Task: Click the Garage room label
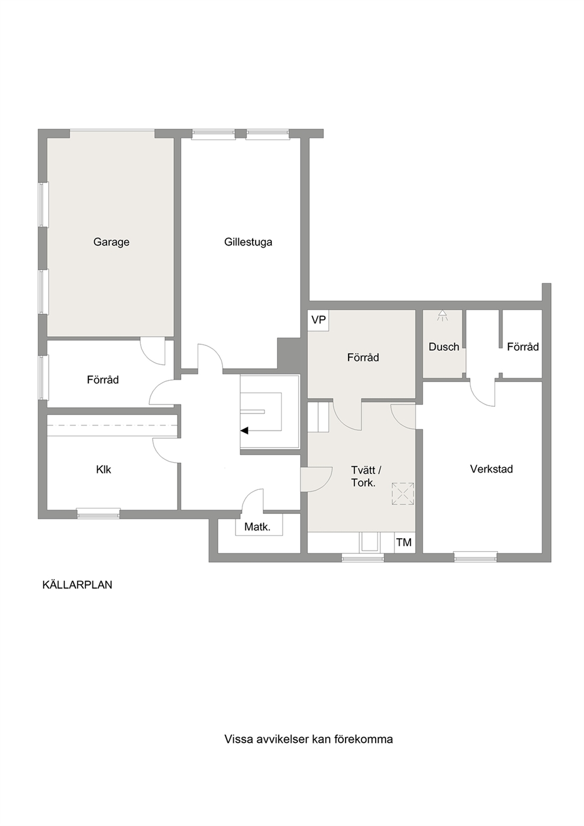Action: [x=111, y=243]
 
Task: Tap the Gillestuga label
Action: [x=248, y=243]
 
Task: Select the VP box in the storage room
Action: [x=318, y=320]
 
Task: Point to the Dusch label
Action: [x=444, y=347]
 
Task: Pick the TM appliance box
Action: [x=404, y=542]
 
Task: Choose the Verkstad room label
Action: [x=492, y=469]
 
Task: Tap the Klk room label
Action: [x=104, y=470]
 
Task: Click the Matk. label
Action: [x=257, y=528]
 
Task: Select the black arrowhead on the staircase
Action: [x=244, y=430]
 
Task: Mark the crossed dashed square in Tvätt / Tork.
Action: [x=403, y=493]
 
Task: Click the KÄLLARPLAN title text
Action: [x=78, y=585]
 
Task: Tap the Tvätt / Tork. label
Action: [x=366, y=476]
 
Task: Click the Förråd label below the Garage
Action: [x=103, y=380]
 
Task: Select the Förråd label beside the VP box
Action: [x=363, y=357]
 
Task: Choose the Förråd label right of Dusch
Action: [x=523, y=347]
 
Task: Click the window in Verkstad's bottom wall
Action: [x=475, y=557]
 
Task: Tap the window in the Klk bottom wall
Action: [x=98, y=513]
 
